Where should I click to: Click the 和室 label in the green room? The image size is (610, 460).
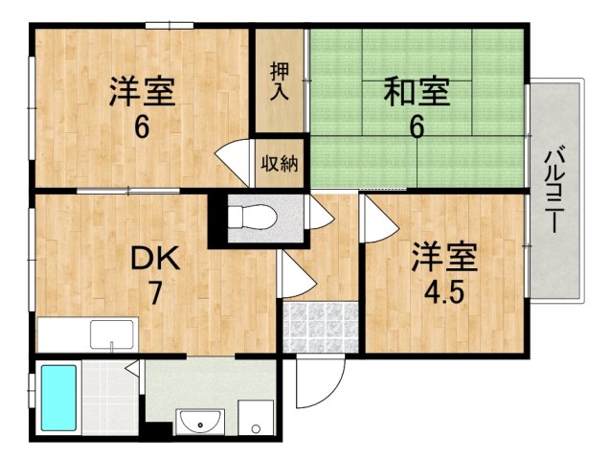[x=417, y=94]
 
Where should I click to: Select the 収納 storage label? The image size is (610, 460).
[x=279, y=163]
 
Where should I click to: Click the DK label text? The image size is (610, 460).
[x=154, y=259]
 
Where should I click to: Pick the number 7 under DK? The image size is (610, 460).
[x=154, y=293]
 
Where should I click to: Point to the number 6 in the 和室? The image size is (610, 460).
[x=417, y=127]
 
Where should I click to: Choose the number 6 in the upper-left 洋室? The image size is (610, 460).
[x=141, y=126]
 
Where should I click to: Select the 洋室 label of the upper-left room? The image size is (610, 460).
[x=141, y=93]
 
